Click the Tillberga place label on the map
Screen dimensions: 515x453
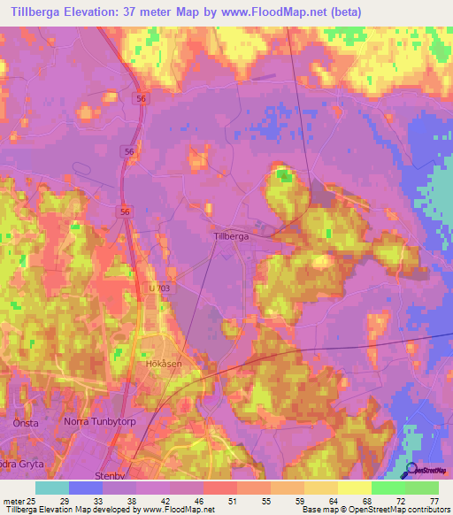tap(231, 237)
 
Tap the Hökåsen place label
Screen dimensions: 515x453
tap(163, 363)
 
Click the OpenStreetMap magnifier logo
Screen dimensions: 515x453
tap(411, 471)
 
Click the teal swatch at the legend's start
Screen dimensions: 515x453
tap(52, 488)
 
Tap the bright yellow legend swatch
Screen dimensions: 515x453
tap(354, 488)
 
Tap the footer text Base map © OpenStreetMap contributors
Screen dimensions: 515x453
tap(374, 510)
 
